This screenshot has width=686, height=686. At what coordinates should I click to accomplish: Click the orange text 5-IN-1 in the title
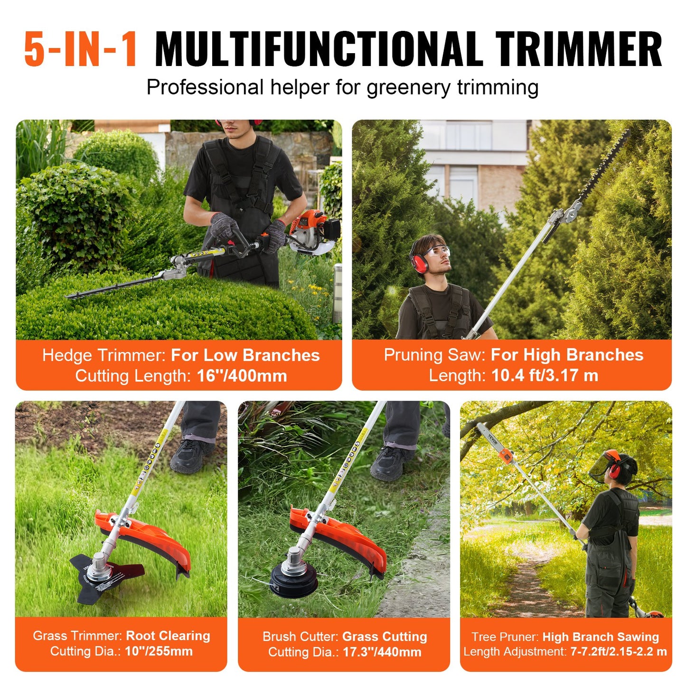coord(81,49)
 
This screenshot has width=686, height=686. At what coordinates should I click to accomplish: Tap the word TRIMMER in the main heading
coord(578,49)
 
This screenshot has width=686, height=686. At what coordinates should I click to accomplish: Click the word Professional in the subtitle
coord(205,88)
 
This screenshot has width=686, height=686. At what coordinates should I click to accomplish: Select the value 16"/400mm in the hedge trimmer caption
coord(242,376)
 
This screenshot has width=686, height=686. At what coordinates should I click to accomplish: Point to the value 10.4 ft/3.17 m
coord(545,376)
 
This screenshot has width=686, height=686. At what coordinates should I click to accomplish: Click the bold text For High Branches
coord(567,355)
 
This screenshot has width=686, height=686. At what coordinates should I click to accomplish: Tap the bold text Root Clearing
coord(168,636)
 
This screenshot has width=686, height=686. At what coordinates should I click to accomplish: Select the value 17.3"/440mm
coord(382,652)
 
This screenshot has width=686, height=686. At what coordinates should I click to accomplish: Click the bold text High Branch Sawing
coord(601,637)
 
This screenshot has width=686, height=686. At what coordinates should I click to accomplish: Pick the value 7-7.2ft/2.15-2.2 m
coord(618,652)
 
